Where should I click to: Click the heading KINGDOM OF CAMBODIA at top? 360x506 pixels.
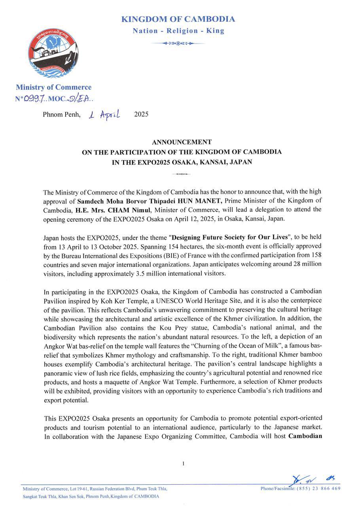point(178,19)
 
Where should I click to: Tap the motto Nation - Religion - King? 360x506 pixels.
point(178,31)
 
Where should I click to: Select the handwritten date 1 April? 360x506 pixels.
point(105,115)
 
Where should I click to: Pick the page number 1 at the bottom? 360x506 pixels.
point(183,463)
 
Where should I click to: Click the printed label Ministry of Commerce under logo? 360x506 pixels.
point(53,87)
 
